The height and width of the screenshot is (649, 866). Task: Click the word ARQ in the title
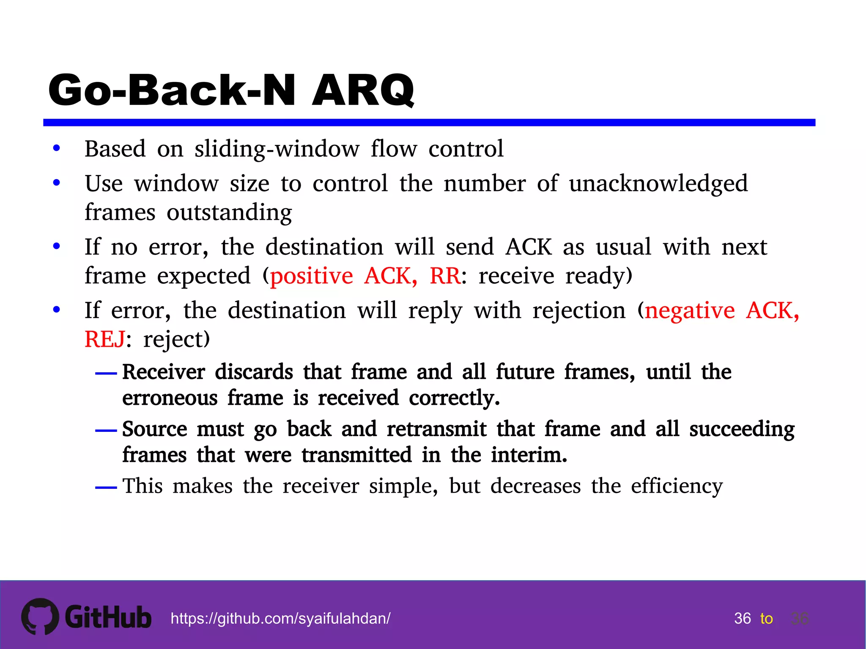tap(363, 90)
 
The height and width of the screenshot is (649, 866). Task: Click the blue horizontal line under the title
tap(429, 123)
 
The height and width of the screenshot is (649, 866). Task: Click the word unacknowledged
tap(658, 184)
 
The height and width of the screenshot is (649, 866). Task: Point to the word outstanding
tap(229, 213)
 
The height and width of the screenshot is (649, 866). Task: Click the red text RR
tap(445, 276)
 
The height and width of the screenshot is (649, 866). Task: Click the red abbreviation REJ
tap(105, 340)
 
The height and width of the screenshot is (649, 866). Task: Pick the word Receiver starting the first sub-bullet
tap(164, 372)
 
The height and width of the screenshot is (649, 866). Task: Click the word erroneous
tap(170, 398)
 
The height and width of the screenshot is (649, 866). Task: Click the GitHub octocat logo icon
tap(40, 616)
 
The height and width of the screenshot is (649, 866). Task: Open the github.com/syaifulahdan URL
tap(280, 619)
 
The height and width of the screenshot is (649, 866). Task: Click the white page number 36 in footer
tap(742, 619)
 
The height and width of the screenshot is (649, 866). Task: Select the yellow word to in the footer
tap(766, 619)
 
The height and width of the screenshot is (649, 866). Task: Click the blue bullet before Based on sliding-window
tap(57, 149)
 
